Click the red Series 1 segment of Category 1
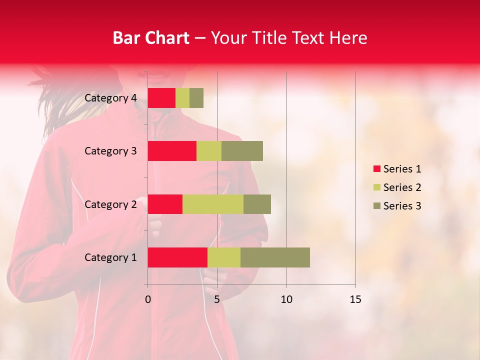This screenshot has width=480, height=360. point(177,257)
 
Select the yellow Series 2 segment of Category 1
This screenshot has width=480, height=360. point(224,257)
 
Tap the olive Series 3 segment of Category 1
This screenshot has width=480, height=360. point(275,257)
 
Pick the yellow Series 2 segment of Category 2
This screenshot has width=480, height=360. point(213,204)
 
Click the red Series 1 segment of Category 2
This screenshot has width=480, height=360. point(165,204)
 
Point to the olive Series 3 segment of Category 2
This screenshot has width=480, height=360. point(257,204)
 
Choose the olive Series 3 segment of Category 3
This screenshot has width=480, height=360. point(242,151)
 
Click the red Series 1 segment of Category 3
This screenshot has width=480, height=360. point(172,151)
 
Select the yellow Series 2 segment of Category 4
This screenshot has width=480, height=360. point(182,98)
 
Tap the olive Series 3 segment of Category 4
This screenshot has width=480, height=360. point(196,98)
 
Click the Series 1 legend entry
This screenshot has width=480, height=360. point(397,169)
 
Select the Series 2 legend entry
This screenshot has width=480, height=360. point(397,187)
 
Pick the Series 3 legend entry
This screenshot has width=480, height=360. point(397,206)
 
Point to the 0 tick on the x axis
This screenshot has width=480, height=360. point(148,299)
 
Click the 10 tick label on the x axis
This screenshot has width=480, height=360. point(286,299)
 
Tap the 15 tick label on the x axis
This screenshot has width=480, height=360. point(355,299)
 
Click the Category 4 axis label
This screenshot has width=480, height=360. point(110,98)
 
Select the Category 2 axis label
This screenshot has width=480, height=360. point(110,204)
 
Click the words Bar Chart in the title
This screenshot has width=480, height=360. point(151,38)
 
